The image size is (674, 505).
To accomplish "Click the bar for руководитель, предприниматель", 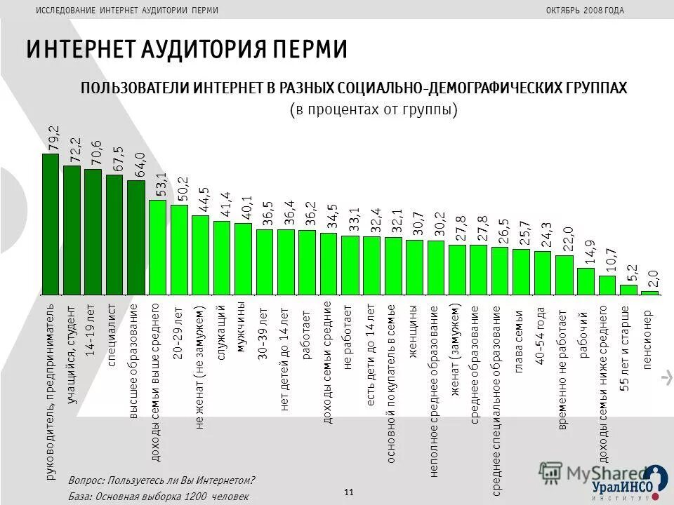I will pos(51,224).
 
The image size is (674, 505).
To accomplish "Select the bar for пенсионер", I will pos(649,292).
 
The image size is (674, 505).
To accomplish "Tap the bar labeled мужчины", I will pos(243,259).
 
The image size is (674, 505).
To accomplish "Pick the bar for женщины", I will pos(414,267).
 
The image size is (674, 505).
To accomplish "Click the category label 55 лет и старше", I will pos(626,347).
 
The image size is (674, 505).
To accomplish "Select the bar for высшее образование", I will pos(136,238).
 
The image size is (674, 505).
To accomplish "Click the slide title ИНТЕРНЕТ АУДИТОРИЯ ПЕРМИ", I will pos(187,50).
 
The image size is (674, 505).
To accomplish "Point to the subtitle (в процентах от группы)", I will pos(374,110).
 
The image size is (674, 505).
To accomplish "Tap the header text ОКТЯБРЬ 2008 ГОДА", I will pos(584,10).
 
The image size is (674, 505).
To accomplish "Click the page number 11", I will pos(349,492).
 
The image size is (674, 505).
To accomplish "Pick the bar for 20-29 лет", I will pos(179,250).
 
